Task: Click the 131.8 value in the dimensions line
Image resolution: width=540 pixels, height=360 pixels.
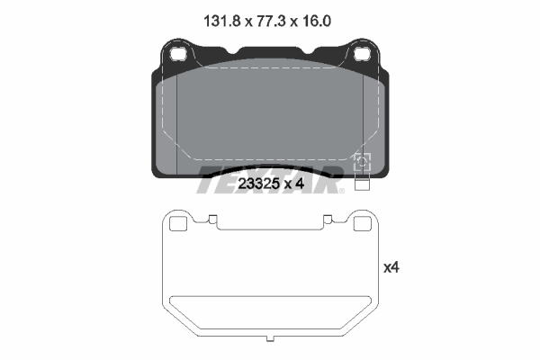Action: point(221,22)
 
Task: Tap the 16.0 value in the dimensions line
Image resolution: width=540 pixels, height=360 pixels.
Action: point(317,22)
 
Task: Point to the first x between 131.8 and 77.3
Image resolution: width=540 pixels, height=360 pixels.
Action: point(248,22)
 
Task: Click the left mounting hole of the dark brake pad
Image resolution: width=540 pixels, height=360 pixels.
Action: point(178,54)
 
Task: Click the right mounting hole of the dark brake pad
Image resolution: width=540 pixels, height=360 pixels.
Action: point(363,54)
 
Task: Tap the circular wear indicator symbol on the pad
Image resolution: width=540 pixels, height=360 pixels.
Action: point(362,162)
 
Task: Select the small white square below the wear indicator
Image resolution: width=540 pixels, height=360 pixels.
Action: point(362,184)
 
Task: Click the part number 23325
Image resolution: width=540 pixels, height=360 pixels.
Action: point(258,184)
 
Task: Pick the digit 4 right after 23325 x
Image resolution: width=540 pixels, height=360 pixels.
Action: point(300,184)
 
